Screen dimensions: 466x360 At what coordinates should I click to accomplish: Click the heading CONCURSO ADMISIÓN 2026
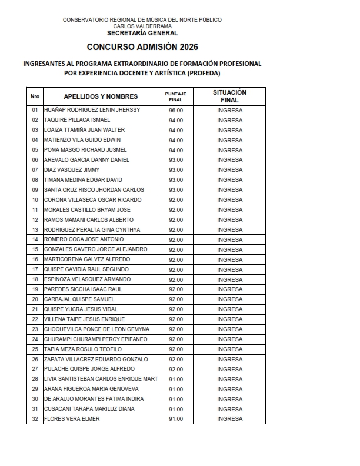click(x=142, y=47)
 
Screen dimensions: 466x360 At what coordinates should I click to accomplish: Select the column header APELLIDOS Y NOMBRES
click(x=101, y=96)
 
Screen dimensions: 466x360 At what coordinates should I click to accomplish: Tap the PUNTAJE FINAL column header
click(x=176, y=96)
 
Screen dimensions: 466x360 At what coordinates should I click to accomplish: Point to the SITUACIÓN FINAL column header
click(x=229, y=96)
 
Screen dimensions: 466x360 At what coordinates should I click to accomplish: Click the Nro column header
click(x=35, y=96)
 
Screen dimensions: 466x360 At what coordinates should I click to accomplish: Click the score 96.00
click(x=176, y=110)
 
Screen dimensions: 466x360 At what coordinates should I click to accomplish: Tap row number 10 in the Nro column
click(x=35, y=200)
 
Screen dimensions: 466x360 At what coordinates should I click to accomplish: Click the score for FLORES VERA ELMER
click(x=176, y=419)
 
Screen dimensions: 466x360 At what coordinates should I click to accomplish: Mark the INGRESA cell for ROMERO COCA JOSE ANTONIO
click(x=229, y=239)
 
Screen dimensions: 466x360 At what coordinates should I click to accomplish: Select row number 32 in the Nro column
click(x=35, y=419)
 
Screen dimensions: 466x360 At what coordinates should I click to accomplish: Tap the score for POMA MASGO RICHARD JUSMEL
click(x=176, y=150)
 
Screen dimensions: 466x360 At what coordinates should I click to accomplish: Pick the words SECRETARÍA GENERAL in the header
click(x=142, y=33)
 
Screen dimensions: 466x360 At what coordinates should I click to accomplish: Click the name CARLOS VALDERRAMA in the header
click(x=142, y=26)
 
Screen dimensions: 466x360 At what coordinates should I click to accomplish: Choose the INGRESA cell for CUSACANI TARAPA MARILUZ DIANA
click(x=229, y=409)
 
